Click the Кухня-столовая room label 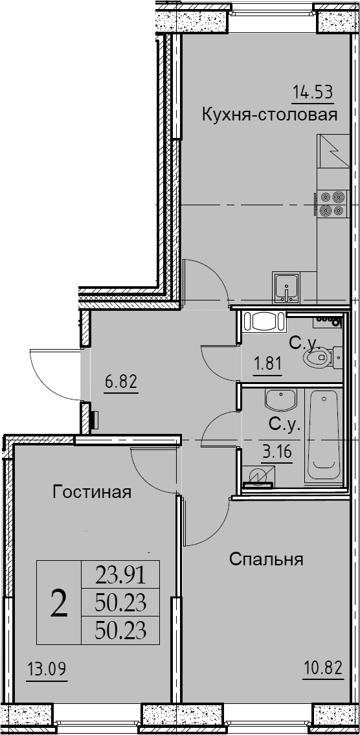click(x=269, y=115)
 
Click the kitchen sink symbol click(x=286, y=288)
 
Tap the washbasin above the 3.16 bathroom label click(x=280, y=399)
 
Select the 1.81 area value click(x=267, y=364)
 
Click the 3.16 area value click(x=277, y=453)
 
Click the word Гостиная click(x=92, y=492)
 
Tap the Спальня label click(x=267, y=560)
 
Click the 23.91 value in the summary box click(x=121, y=574)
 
